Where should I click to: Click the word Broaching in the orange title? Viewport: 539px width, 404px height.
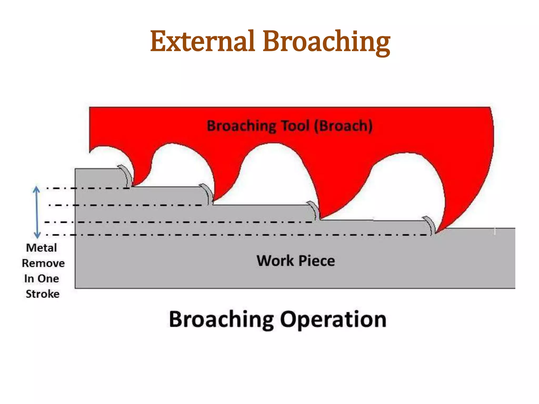coord(326,42)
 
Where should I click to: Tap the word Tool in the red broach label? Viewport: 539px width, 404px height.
coord(295,126)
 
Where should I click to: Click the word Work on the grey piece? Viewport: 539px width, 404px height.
coord(275,261)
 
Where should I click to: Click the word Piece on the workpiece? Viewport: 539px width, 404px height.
coord(317,261)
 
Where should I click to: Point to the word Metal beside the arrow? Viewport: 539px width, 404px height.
coord(42,248)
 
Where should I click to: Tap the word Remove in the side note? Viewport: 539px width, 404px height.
coord(43,263)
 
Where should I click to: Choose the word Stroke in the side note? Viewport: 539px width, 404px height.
coord(43,294)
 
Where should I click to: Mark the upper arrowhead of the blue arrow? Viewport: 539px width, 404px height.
coord(37,189)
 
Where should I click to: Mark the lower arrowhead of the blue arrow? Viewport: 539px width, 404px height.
coord(37,235)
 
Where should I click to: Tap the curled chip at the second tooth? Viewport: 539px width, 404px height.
coord(207,193)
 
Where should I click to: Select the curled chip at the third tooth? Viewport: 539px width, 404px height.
coord(315,210)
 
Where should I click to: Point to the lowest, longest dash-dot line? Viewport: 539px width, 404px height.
coord(237,235)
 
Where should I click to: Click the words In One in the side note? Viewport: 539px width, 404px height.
coord(42,279)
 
